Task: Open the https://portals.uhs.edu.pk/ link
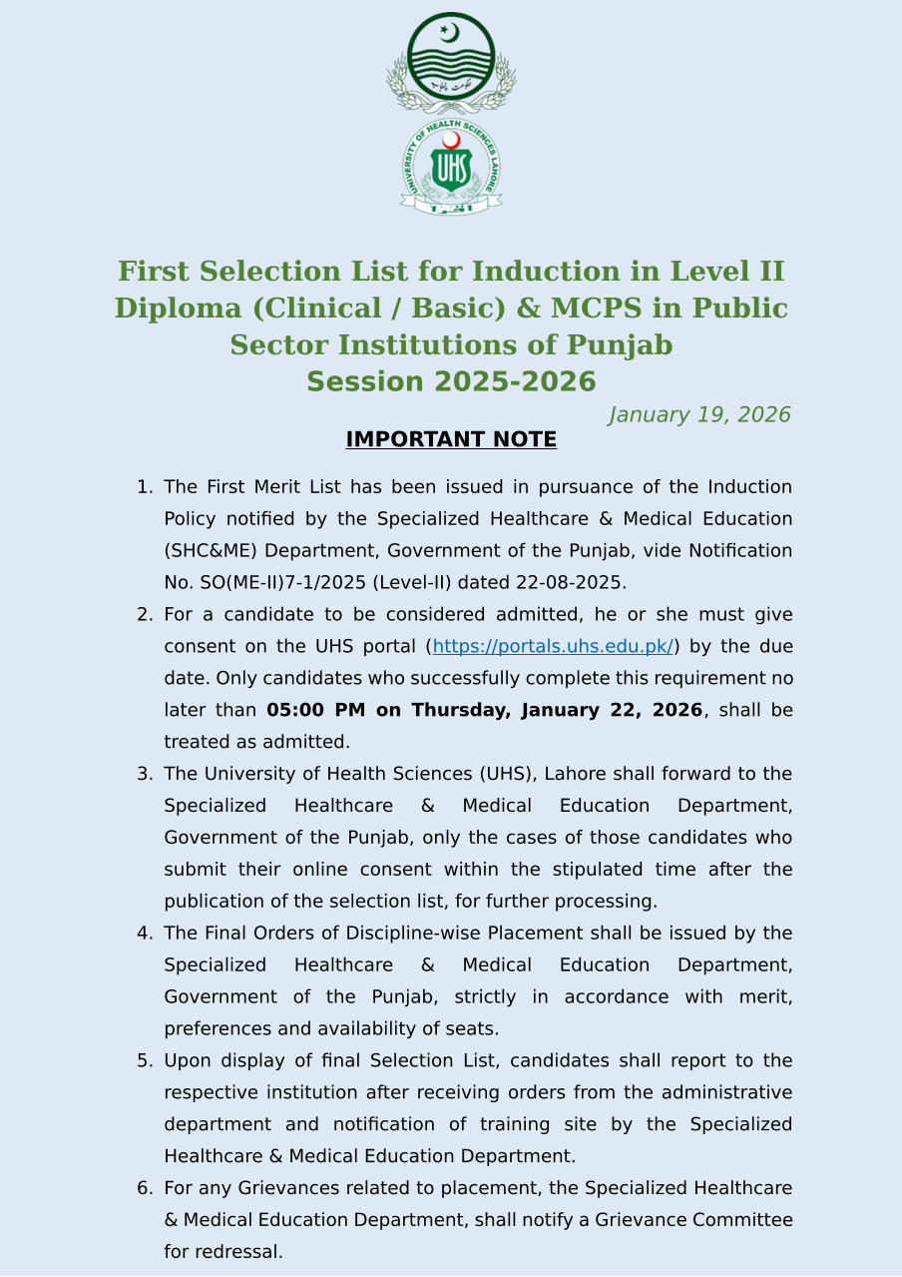[x=554, y=647]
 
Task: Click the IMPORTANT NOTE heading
[x=451, y=439]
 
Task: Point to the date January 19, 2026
[x=699, y=415]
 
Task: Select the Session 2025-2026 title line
[x=451, y=382]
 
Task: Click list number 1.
[x=145, y=487]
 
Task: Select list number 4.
[x=145, y=934]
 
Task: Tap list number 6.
[x=145, y=1188]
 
